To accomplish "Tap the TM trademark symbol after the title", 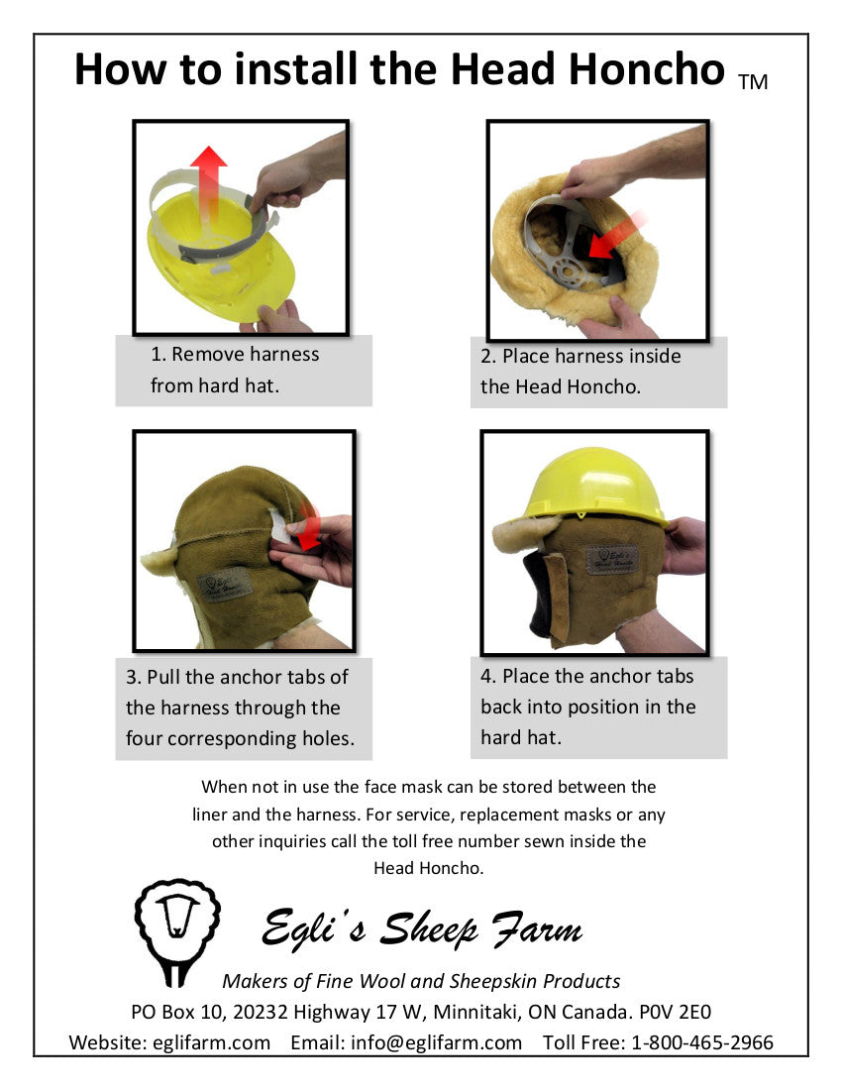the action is [753, 82].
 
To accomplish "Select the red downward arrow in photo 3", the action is [309, 525].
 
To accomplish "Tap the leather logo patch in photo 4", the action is [611, 559].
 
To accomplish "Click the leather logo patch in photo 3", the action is [225, 584].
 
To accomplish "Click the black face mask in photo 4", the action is [541, 594].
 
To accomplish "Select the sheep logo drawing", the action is [177, 931].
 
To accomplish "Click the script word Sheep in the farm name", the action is [429, 929].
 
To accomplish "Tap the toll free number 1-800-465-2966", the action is [701, 1042].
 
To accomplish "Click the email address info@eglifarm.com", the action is [436, 1042].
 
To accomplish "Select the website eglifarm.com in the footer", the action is [211, 1042].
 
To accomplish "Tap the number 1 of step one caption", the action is [157, 354].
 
